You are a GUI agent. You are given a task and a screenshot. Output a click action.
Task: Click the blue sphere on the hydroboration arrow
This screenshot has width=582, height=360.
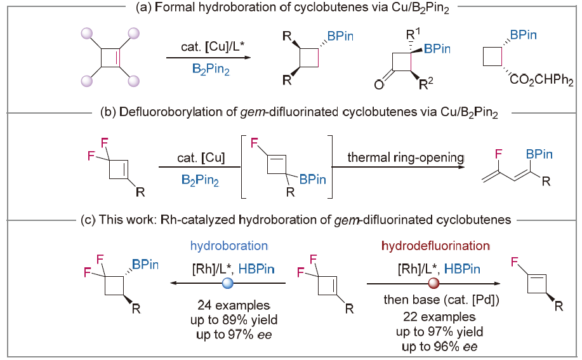[x=228, y=283]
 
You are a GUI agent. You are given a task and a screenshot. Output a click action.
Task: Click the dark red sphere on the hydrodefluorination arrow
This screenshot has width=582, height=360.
[x=433, y=283]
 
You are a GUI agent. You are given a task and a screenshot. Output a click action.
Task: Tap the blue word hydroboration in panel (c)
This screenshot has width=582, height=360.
[x=228, y=245]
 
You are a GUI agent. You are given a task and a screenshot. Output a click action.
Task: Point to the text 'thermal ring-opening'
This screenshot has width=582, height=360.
[x=392, y=151]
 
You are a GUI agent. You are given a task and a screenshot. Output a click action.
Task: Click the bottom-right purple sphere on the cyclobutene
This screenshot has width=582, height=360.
[x=133, y=81]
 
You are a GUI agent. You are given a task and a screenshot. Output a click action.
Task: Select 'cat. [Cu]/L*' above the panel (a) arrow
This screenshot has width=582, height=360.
[x=202, y=48]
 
